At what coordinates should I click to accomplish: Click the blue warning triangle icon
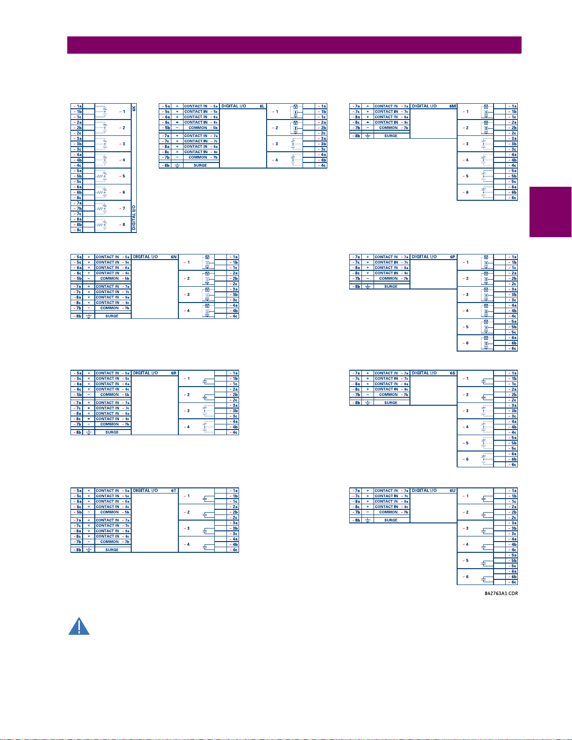click(x=79, y=627)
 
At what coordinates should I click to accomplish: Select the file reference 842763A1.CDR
click(x=501, y=593)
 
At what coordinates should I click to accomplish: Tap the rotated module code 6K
click(x=134, y=108)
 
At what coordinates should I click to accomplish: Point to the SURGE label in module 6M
click(x=391, y=136)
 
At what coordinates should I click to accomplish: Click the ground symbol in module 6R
click(x=89, y=432)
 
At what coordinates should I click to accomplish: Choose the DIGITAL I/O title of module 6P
click(x=424, y=257)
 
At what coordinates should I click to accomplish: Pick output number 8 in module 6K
click(x=124, y=225)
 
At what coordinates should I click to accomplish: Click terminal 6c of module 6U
click(x=513, y=582)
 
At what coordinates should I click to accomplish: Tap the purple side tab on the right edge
click(x=551, y=212)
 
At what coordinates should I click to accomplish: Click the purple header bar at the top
click(x=294, y=45)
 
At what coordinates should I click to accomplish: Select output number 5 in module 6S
click(x=467, y=443)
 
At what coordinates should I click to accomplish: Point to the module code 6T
click(x=174, y=491)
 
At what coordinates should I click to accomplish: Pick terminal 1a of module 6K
click(x=78, y=106)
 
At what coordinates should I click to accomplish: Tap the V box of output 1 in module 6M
click(x=486, y=107)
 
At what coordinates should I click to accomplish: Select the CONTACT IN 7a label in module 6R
click(x=113, y=402)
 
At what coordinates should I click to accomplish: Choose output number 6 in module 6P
click(x=467, y=343)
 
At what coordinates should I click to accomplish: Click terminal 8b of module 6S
click(x=356, y=402)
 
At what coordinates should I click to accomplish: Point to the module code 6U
click(x=452, y=491)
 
